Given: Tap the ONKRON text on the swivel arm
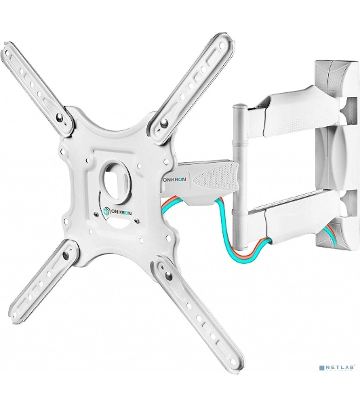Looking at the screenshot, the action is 176,179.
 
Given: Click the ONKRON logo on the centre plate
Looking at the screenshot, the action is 117,211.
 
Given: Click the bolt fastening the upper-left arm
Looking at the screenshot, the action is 60,118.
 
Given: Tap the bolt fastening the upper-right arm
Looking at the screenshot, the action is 163,123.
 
